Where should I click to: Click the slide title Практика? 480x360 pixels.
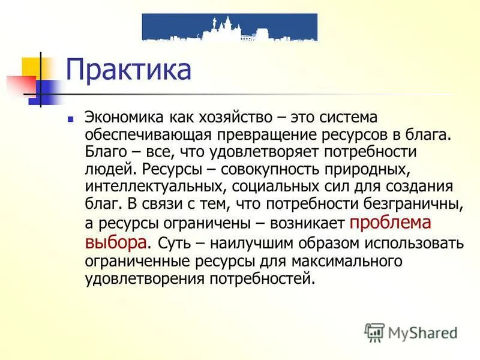coord(128,70)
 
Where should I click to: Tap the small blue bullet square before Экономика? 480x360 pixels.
coord(71,119)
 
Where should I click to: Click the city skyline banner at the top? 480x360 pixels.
coord(229,27)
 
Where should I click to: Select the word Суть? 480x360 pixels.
coord(173,243)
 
